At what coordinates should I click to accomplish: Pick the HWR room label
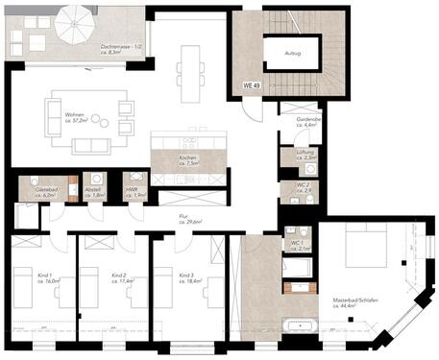[134, 192]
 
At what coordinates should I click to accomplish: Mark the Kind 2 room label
[119, 277]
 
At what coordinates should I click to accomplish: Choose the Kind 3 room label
[188, 277]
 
